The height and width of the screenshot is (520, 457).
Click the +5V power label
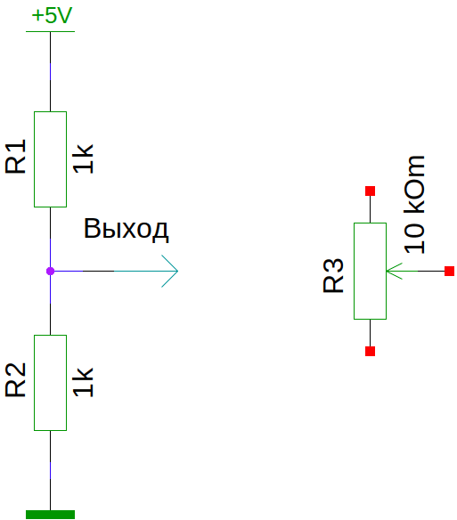[x=52, y=15]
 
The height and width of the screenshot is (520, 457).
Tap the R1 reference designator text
[x=16, y=156]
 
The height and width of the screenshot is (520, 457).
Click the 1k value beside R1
[x=83, y=158]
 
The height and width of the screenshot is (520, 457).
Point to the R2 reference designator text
[x=16, y=379]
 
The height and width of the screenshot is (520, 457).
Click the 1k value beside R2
[x=83, y=382]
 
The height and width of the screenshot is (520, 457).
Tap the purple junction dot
[x=50, y=272]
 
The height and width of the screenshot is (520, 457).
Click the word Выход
[x=126, y=230]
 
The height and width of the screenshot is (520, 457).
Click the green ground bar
[x=50, y=515]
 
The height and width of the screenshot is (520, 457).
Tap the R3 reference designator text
[x=333, y=275]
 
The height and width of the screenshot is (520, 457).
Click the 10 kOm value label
[x=414, y=204]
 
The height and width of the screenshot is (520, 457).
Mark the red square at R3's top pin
[x=370, y=191]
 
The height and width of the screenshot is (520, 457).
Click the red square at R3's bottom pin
[x=370, y=351]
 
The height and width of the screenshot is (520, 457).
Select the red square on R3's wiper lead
[x=449, y=271]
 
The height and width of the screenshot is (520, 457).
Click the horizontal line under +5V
[x=50, y=31]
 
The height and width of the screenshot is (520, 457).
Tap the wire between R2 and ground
[x=50, y=470]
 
